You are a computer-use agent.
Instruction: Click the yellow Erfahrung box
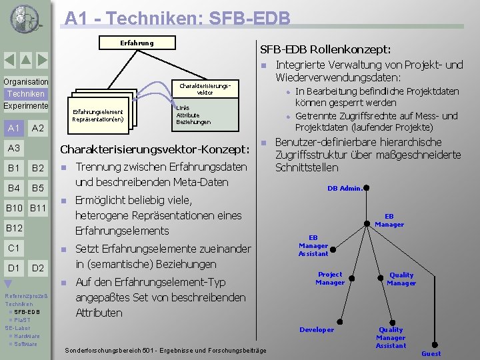pos(137,43)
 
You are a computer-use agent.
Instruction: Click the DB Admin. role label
pos(345,188)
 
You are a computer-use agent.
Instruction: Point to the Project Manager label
pos(330,278)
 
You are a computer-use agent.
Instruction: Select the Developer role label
pos(317,329)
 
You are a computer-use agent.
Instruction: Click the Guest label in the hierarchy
pos(431,353)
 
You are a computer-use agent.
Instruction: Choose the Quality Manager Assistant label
pos(391,337)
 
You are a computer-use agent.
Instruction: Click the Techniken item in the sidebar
pos(26,94)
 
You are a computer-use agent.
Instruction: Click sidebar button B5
pos(38,188)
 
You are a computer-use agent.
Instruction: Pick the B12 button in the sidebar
pos(15,228)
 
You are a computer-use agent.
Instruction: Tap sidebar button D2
pos(38,268)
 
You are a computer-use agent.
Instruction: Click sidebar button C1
pos(13,248)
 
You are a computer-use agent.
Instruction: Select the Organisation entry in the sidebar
pos(25,82)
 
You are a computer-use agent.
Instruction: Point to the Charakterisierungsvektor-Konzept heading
pos(154,149)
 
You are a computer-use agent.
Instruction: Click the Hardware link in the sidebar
pos(27,336)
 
